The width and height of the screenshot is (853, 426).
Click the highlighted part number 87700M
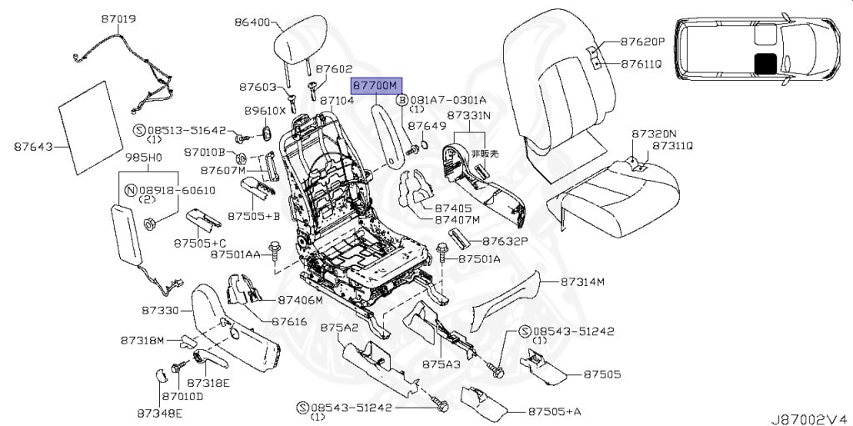click(x=376, y=85)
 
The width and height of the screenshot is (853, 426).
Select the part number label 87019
click(x=119, y=18)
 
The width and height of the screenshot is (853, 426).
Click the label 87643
click(x=33, y=147)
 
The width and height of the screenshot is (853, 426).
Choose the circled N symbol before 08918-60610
click(x=129, y=190)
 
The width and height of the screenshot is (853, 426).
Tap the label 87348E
click(x=160, y=412)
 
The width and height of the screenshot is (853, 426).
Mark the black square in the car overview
click(x=764, y=63)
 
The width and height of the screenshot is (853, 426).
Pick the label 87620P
click(x=642, y=40)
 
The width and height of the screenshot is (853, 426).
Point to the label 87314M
click(x=582, y=282)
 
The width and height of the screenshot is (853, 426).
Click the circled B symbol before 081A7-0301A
click(x=401, y=99)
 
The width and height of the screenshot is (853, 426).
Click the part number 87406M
click(x=301, y=299)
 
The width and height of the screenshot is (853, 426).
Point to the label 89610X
click(x=265, y=110)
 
